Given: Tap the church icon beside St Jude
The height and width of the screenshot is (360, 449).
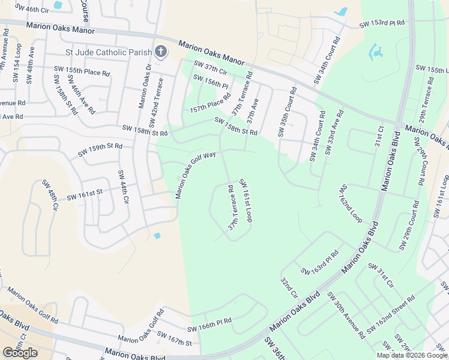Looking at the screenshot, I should [160, 52].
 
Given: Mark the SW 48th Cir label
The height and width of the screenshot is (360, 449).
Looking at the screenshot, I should [50, 193].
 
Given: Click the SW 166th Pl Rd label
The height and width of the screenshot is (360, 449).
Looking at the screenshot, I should [209, 324].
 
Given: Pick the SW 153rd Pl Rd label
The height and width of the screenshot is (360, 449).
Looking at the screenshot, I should [382, 23].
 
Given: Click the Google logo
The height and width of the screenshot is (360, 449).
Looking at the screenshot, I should [20, 352].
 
